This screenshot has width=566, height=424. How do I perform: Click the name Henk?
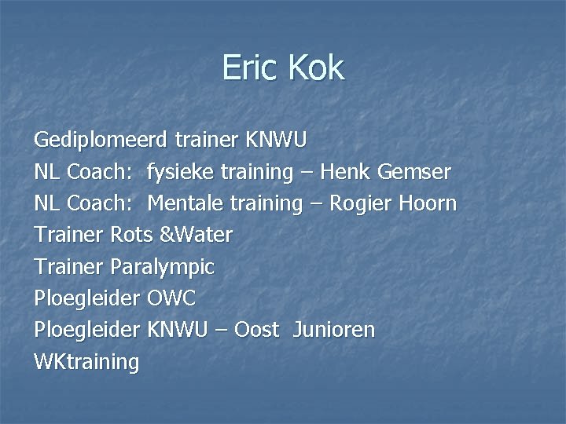[x=344, y=172]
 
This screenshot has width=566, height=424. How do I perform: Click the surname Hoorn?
[x=428, y=203]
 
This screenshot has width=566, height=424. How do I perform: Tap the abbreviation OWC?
[x=171, y=298]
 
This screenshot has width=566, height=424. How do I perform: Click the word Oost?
[x=255, y=330]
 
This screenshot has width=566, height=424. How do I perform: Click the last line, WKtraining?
[x=86, y=362]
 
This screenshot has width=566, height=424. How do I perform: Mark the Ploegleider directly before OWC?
[x=87, y=298]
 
